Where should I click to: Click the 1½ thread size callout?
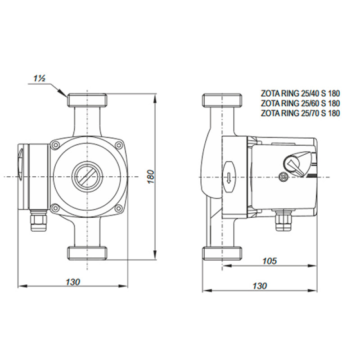pyautogui.click(x=39, y=78)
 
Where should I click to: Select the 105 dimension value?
pyautogui.click(x=269, y=261)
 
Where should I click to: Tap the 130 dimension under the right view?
pyautogui.click(x=260, y=286)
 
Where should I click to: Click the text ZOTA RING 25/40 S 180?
pyautogui.click(x=301, y=94)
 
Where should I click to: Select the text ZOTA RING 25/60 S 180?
pyautogui.click(x=301, y=103)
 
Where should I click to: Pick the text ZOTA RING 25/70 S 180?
pyautogui.click(x=301, y=113)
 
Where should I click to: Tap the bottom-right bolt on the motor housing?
pyautogui.click(x=118, y=208)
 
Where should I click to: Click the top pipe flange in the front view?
pyautogui.click(x=86, y=100)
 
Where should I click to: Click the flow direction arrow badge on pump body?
pyautogui.click(x=229, y=176)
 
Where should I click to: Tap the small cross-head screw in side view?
pyautogui.click(x=283, y=176)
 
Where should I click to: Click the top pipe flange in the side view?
pyautogui.click(x=222, y=100)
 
